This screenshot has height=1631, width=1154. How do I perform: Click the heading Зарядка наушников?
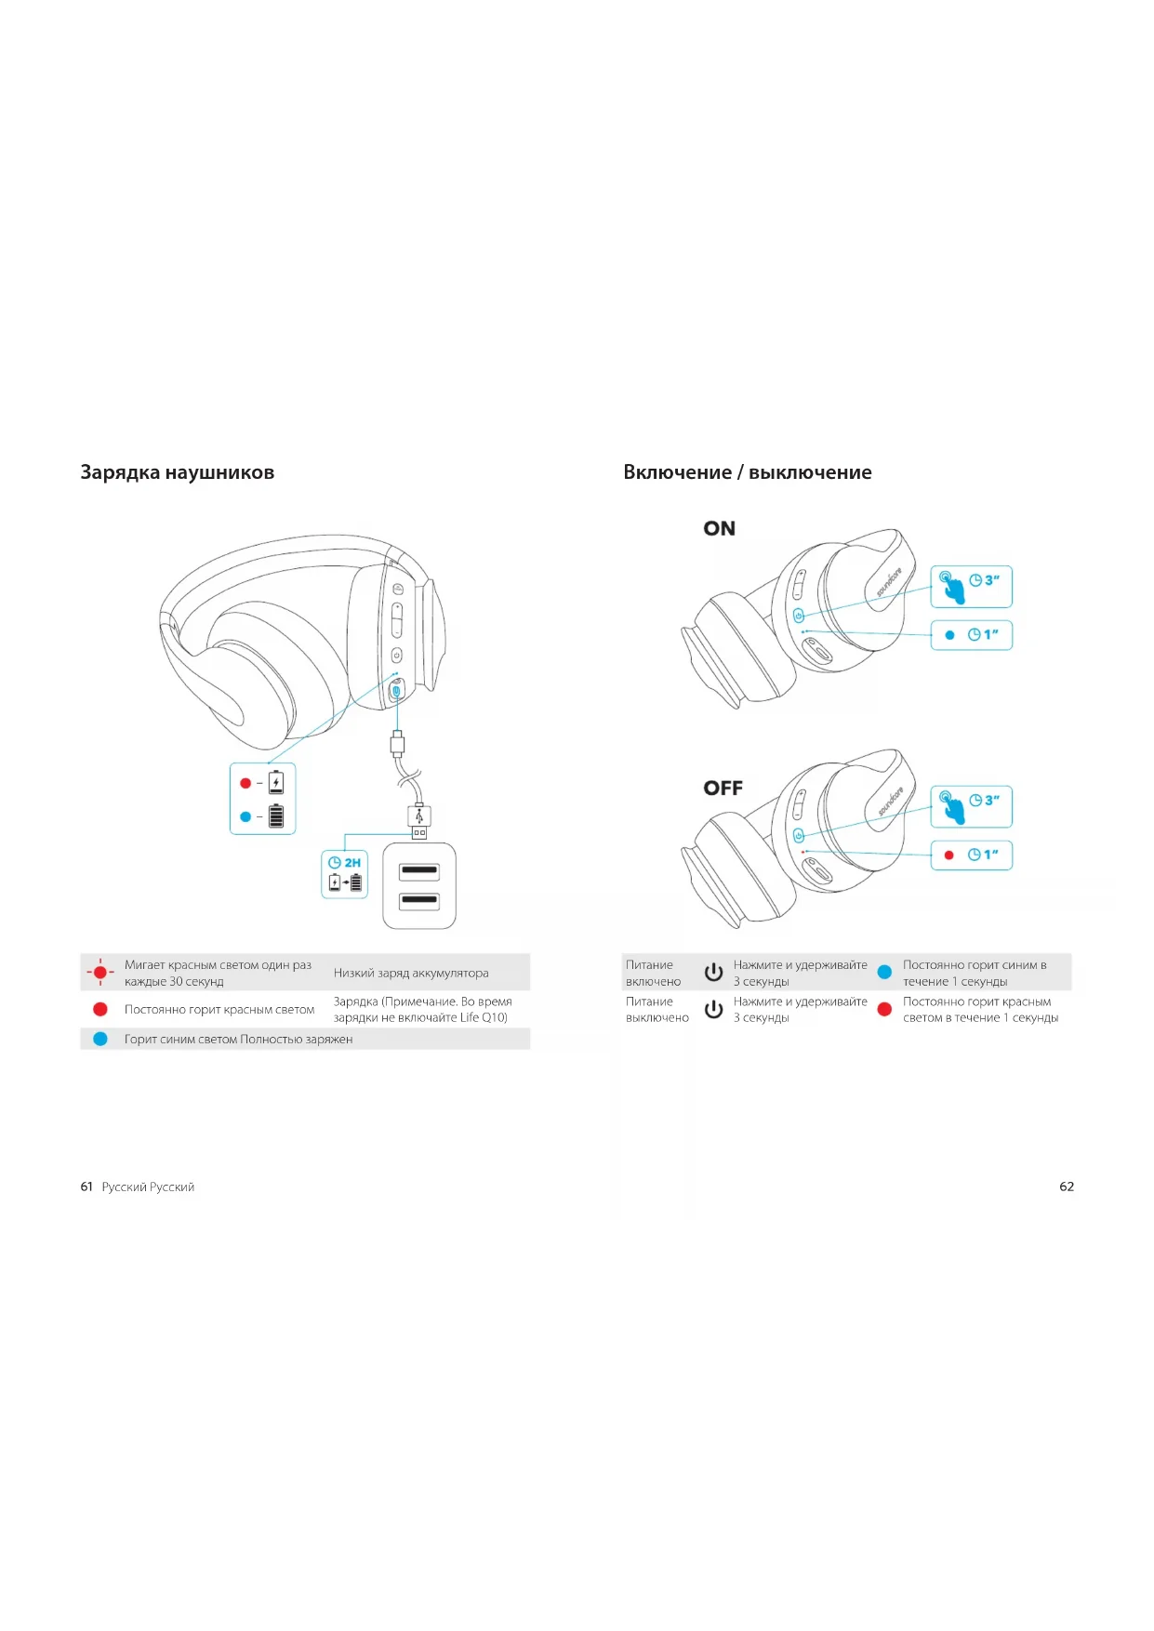coord(177,472)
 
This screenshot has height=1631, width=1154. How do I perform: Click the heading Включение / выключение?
coord(747,472)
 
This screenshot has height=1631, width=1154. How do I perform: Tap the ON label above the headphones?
coord(719,528)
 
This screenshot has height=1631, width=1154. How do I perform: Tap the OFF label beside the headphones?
coord(723,788)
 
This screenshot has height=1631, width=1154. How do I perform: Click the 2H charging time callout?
coord(345,873)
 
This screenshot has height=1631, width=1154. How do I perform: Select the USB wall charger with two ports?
coord(419,885)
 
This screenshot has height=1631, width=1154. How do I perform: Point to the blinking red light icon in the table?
coord(100,973)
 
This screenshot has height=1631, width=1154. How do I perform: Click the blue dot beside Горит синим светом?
coord(100,1039)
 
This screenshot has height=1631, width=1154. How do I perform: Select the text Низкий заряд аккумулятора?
coord(411,973)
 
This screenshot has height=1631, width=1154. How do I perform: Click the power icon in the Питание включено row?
coord(713,973)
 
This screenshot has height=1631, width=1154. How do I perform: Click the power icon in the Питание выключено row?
coord(713,1009)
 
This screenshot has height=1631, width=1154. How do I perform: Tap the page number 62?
coord(1067,1187)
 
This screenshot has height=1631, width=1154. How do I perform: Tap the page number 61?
coord(86,1187)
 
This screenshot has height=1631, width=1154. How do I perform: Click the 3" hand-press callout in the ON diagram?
coord(971,587)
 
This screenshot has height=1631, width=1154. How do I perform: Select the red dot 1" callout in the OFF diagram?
coord(971,855)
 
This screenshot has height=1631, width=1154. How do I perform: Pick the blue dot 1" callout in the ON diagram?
coord(971,635)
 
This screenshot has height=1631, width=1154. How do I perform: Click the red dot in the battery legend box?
coord(245,783)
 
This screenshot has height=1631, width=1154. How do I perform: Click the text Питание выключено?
coord(657,1009)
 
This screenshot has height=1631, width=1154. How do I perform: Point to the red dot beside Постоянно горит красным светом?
coord(100,1009)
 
